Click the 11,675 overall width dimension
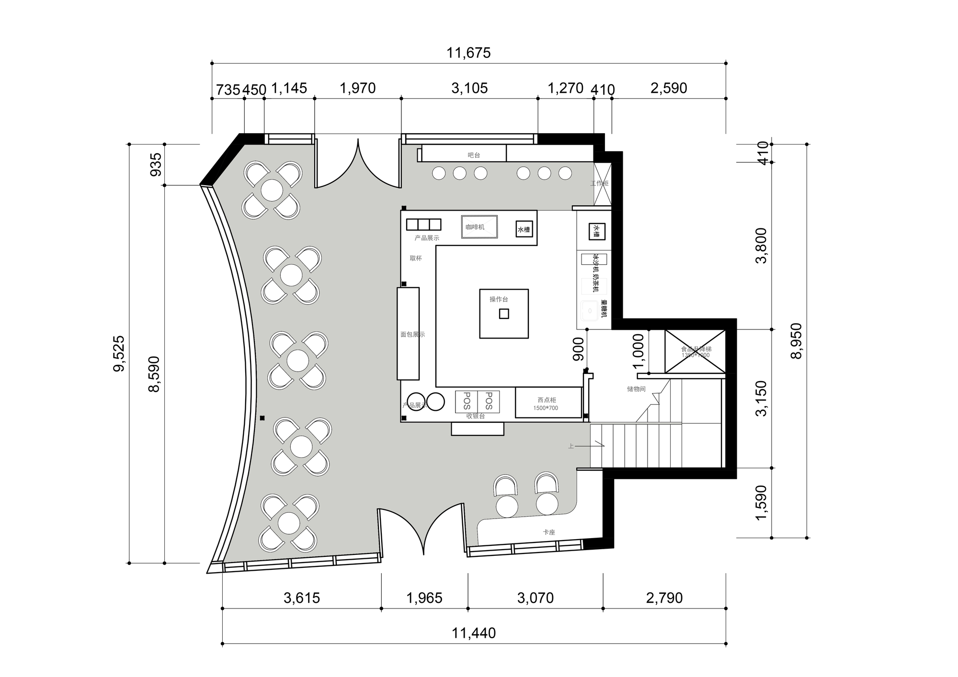point(468,53)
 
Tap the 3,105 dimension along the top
point(469,88)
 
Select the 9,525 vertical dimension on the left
point(119,353)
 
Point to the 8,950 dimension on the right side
point(796,341)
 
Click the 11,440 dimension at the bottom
point(474,633)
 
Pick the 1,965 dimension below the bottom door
point(424,598)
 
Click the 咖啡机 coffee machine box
point(479,227)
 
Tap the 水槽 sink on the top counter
point(524,229)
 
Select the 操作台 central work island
point(504,314)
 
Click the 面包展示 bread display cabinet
point(408,334)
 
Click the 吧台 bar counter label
point(474,155)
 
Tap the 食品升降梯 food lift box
point(696,351)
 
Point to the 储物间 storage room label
point(636,389)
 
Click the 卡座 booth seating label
point(549,532)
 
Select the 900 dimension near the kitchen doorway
point(578,349)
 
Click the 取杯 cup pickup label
point(416,258)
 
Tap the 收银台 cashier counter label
point(476,417)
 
